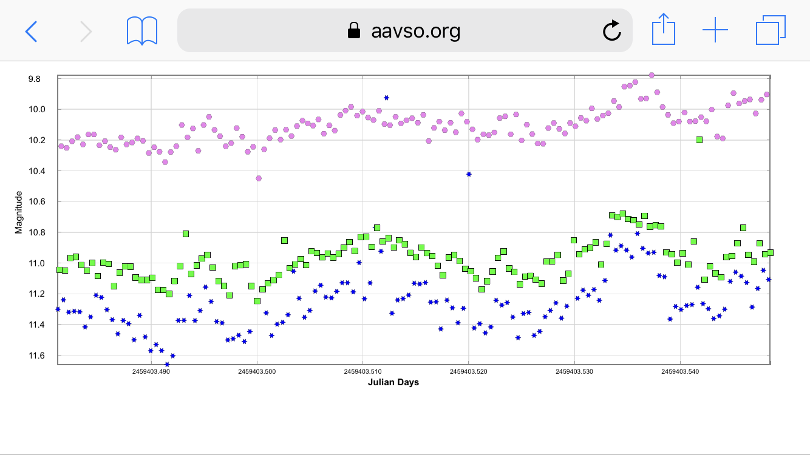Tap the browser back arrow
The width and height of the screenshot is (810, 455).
tap(31, 30)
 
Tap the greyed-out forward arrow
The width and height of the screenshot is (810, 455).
tap(86, 30)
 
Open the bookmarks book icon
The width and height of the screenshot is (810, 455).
tap(142, 30)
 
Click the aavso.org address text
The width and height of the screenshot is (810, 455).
tap(415, 30)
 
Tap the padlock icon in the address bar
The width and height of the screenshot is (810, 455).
tap(353, 30)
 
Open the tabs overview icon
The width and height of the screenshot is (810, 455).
tap(771, 30)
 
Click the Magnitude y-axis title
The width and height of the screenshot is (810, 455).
tap(19, 212)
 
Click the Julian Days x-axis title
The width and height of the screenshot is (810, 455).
tap(393, 382)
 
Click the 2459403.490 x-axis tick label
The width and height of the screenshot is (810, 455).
tap(151, 371)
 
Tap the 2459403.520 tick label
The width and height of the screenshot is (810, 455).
tap(469, 371)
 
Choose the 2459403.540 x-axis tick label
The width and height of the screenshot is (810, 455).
tap(680, 371)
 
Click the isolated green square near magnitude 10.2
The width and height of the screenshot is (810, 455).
tap(699, 140)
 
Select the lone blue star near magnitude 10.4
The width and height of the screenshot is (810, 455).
tap(469, 174)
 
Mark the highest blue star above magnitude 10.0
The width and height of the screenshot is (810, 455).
tap(386, 98)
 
